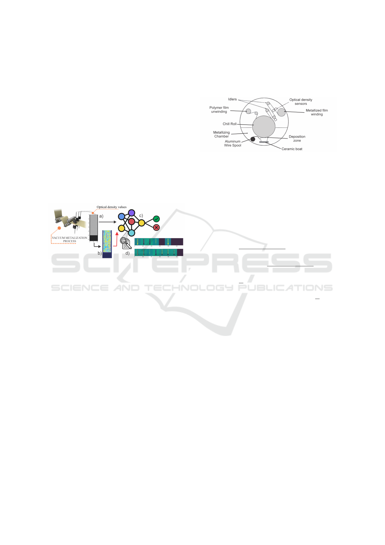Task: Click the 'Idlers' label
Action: (x=232, y=99)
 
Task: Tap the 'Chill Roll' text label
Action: (x=230, y=124)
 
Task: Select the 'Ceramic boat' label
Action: (x=292, y=149)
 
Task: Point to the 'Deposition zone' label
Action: (x=297, y=139)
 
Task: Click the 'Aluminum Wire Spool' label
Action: (x=233, y=143)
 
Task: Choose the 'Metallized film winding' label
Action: (x=316, y=112)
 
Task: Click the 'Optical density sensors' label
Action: (x=301, y=102)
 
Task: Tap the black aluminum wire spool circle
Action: (x=253, y=139)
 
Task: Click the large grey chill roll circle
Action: (x=264, y=127)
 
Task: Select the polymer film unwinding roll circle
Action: (x=248, y=111)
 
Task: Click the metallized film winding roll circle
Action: (x=282, y=113)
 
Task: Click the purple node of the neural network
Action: (x=132, y=213)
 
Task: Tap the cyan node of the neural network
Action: (x=132, y=233)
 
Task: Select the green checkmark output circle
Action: (x=156, y=219)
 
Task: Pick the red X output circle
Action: (x=156, y=228)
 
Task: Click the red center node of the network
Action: (x=132, y=222)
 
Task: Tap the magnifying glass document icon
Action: (x=125, y=243)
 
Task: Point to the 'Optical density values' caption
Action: (x=112, y=207)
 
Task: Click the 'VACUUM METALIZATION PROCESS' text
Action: (x=70, y=239)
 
